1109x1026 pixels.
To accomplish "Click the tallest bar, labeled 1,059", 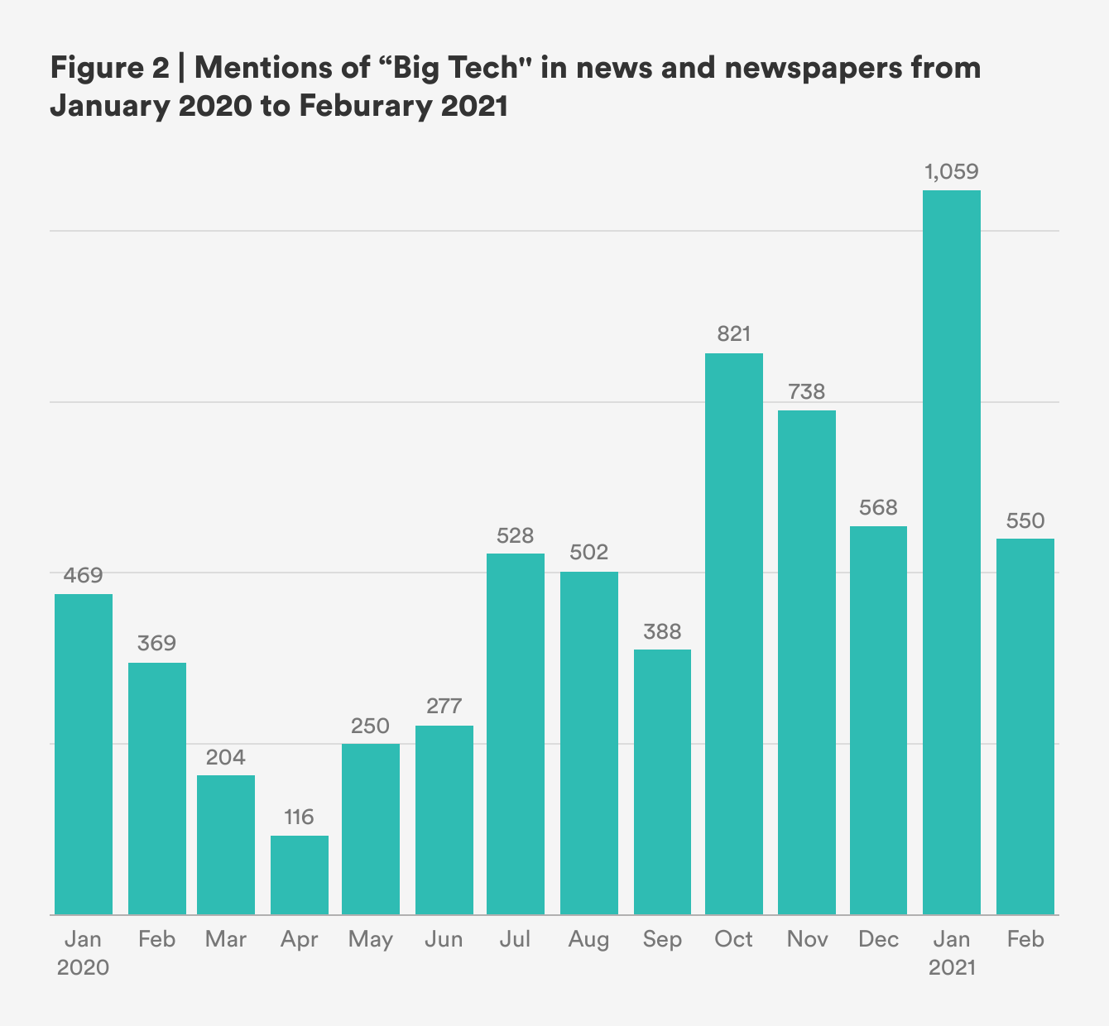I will point(952,552).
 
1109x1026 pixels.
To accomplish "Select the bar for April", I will point(300,875).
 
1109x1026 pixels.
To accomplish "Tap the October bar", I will point(734,633).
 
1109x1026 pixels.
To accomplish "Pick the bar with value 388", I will point(662,782).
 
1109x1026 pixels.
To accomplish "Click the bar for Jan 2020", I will point(84,754).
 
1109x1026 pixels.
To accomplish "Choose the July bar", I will point(516,734).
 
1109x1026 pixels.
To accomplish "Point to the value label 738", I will point(807,391).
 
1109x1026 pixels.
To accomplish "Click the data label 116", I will point(299,817).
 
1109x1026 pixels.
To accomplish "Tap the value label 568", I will point(878,507).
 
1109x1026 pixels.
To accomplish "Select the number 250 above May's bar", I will point(370,726).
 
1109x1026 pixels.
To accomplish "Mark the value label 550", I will point(1025,520).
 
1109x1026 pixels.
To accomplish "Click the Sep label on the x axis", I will point(662,939).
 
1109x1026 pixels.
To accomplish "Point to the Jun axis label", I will point(444,939).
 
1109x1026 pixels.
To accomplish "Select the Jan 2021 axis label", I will point(952,953).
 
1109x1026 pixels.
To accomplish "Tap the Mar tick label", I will point(226,939).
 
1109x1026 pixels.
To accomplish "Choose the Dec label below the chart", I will point(878,939).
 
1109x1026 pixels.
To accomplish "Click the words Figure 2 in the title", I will point(109,68).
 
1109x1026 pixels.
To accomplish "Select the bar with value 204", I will point(226,845).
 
